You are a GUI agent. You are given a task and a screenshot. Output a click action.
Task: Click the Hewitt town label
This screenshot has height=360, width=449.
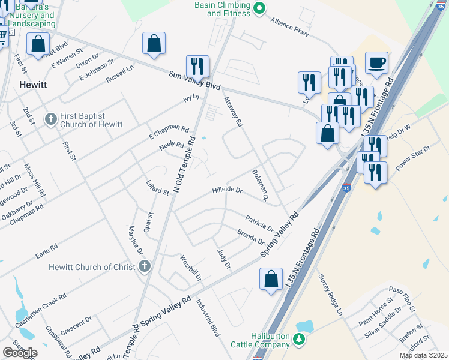click(34, 85)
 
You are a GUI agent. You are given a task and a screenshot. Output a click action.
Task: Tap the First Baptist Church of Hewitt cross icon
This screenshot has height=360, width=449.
click(50, 119)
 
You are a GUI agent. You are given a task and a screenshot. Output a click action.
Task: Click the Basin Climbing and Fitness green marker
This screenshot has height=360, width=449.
click(259, 8)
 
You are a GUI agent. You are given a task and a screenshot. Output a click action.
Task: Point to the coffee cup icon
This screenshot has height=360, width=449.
click(376, 62)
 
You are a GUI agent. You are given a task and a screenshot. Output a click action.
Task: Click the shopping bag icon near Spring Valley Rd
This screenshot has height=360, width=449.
click(271, 278)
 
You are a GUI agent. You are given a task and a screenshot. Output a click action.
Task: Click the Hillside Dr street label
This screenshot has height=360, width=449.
click(227, 190)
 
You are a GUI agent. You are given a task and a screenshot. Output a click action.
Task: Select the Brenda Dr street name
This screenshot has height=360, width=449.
click(250, 236)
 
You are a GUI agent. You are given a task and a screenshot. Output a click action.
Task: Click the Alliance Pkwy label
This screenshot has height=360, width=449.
click(289, 27)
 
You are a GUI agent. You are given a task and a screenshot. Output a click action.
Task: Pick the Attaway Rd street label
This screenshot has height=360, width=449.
click(232, 112)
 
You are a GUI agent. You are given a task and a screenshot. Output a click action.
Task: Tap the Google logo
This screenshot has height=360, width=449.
click(20, 352)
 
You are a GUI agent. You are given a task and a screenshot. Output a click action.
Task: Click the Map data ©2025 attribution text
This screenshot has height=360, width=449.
click(423, 356)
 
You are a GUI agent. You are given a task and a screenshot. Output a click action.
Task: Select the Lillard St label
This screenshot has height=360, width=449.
click(158, 188)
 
